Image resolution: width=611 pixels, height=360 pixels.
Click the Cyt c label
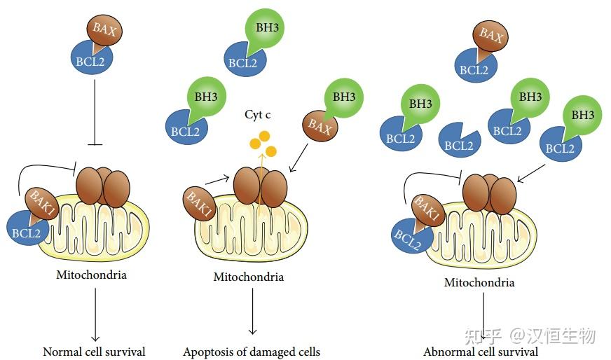(258, 114)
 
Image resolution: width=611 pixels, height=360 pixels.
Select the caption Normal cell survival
(94, 351)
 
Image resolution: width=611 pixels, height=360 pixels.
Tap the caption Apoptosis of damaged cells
(252, 351)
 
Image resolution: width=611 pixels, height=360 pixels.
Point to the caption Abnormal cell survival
(481, 352)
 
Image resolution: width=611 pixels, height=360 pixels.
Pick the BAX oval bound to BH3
(320, 126)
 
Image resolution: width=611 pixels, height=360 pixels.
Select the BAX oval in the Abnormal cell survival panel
(491, 36)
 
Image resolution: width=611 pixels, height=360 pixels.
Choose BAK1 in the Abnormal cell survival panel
(427, 211)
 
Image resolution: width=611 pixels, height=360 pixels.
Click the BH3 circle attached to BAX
(343, 98)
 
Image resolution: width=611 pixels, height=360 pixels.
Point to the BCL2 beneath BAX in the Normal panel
(92, 59)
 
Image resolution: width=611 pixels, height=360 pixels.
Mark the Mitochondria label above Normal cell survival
(91, 275)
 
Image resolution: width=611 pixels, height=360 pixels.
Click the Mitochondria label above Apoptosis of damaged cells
(249, 277)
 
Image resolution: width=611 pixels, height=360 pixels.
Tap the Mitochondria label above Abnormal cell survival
(479, 282)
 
